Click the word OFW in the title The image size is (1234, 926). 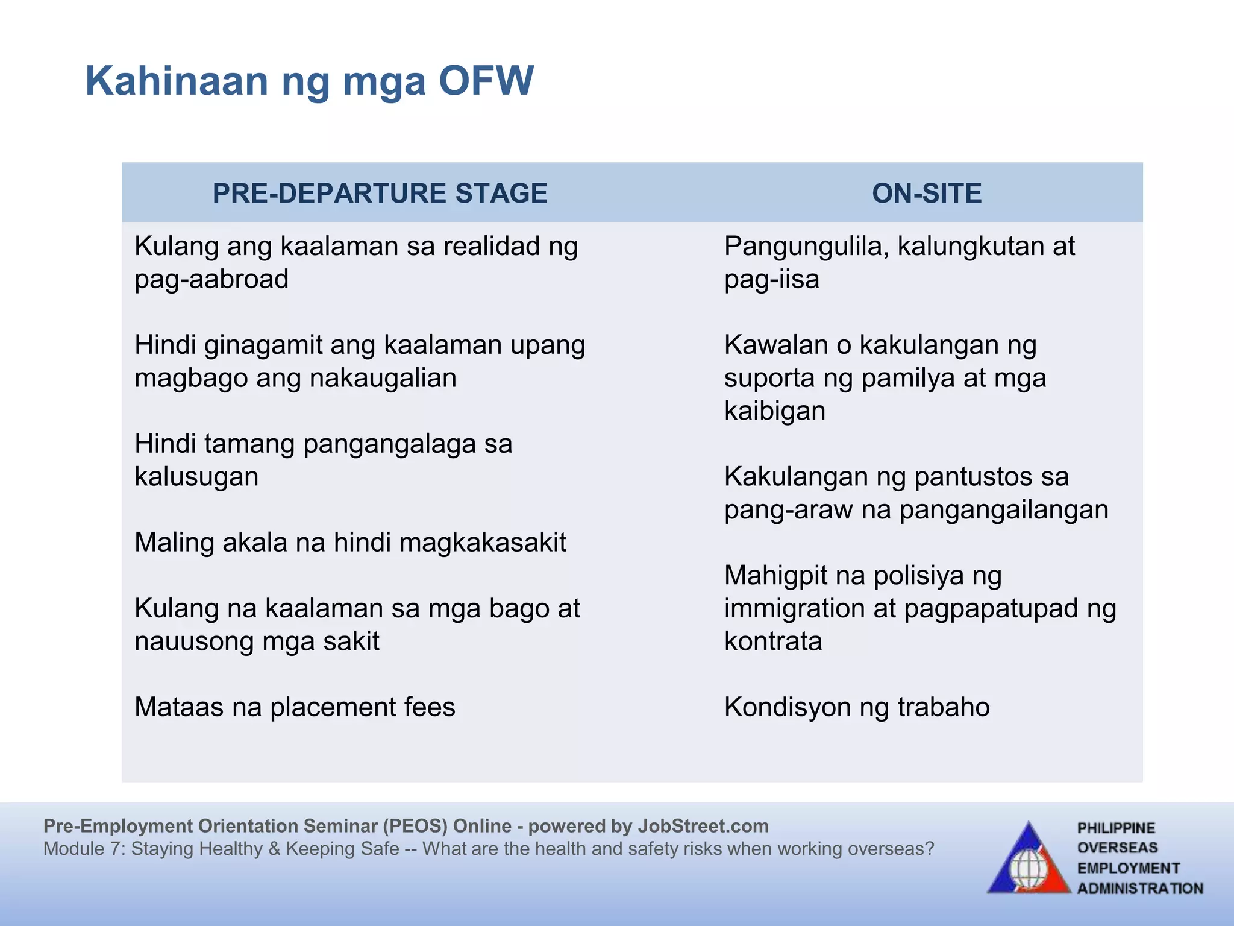pyautogui.click(x=486, y=81)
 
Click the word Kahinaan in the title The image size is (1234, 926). pyautogui.click(x=177, y=81)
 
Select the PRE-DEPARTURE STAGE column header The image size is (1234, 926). pyautogui.click(x=380, y=194)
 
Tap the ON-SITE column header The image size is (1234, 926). pyautogui.click(x=926, y=194)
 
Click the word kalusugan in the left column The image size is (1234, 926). pyautogui.click(x=196, y=477)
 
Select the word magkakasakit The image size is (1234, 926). pyautogui.click(x=482, y=543)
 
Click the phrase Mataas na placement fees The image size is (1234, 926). pyautogui.click(x=295, y=707)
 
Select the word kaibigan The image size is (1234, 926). pyautogui.click(x=774, y=411)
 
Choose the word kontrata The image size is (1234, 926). pyautogui.click(x=772, y=641)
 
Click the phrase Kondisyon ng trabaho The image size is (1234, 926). pyautogui.click(x=856, y=707)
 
